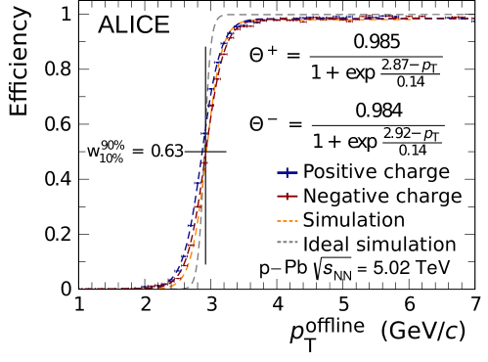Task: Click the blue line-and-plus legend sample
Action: click(287, 172)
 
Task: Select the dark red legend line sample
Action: click(287, 197)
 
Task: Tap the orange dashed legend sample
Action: click(287, 221)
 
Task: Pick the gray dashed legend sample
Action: click(287, 242)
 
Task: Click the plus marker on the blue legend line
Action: click(287, 172)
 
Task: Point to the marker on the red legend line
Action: click(287, 197)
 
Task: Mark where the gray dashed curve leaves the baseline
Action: click(190, 286)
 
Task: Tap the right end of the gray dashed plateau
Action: click(474, 15)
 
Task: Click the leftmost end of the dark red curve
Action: click(80, 289)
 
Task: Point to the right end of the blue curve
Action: click(474, 19)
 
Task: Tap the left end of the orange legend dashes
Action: click(277, 221)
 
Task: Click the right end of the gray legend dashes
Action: click(297, 242)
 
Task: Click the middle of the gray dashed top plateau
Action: click(347, 15)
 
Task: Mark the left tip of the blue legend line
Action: click(277, 172)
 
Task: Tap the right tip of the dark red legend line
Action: click(297, 197)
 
